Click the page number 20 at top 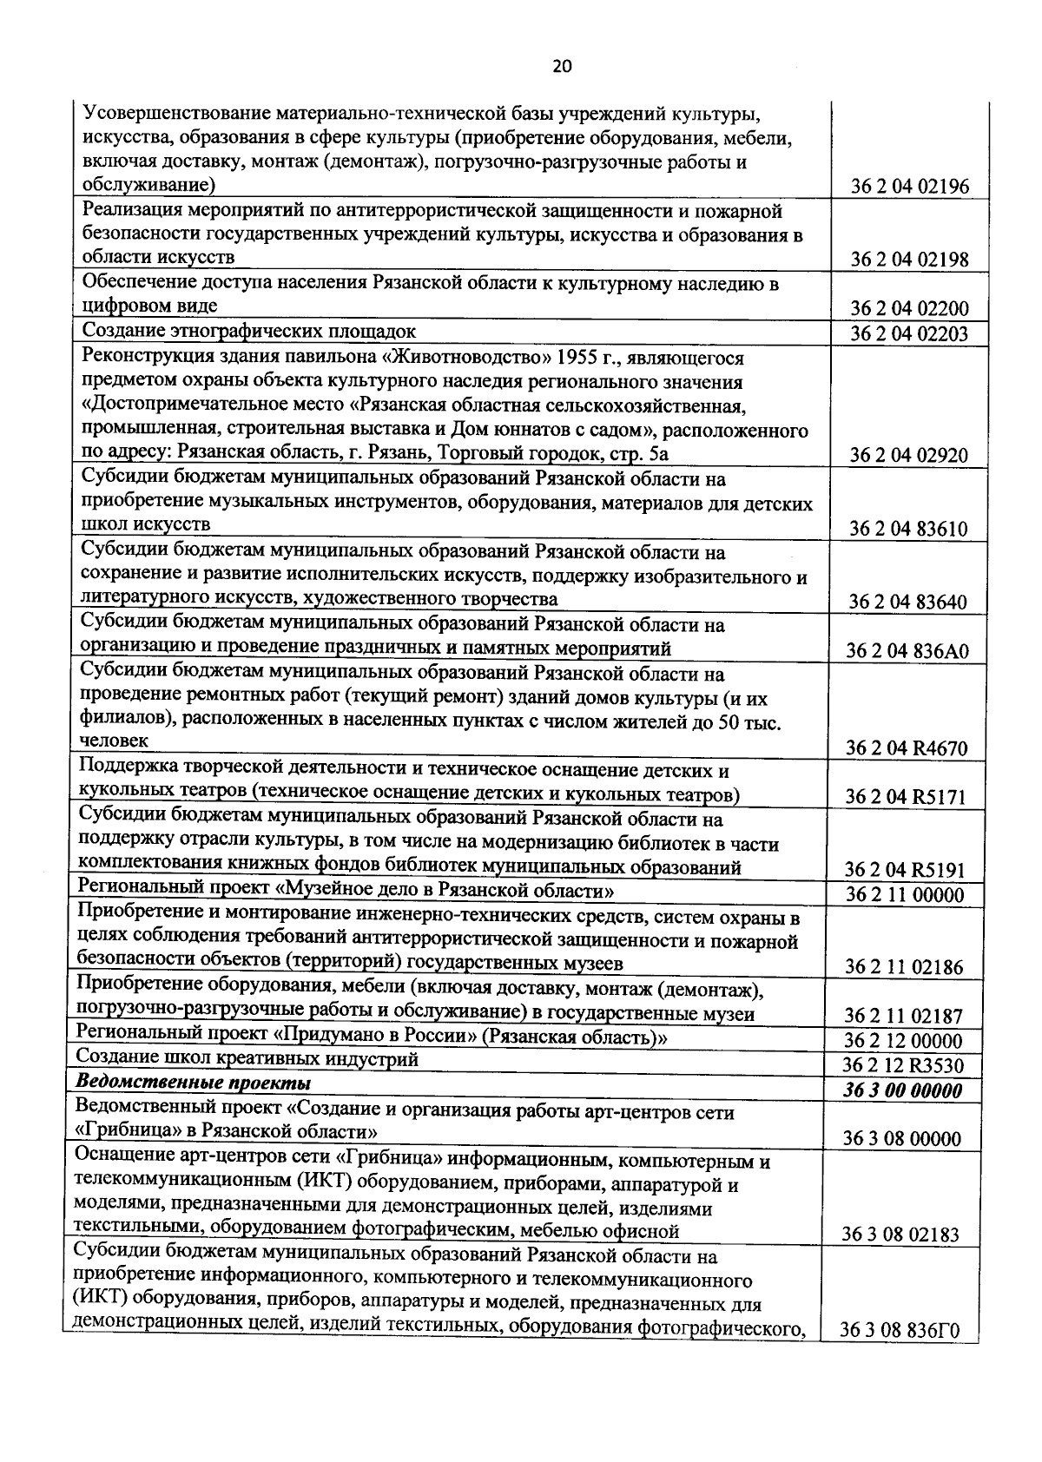(x=562, y=66)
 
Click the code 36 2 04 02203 (x=908, y=334)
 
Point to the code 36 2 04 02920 (x=908, y=456)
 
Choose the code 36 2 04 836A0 (x=907, y=652)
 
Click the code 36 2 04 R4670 (x=907, y=748)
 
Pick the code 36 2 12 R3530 (x=902, y=1066)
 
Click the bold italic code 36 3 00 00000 (x=902, y=1091)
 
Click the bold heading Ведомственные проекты (x=193, y=1083)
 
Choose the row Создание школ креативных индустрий (x=247, y=1058)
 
